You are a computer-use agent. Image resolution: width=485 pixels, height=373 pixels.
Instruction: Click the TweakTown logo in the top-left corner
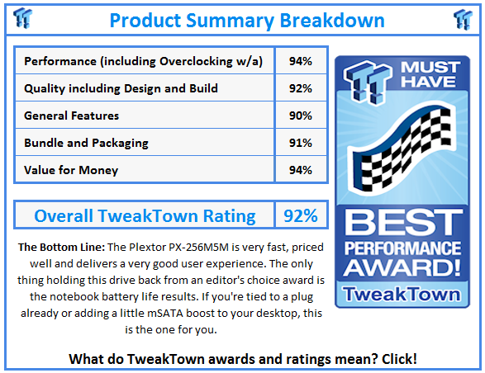pyautogui.click(x=22, y=18)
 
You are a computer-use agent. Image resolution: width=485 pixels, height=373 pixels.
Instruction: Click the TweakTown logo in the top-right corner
pyautogui.click(x=463, y=20)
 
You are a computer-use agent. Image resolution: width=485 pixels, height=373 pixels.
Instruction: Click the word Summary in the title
pyautogui.click(x=230, y=21)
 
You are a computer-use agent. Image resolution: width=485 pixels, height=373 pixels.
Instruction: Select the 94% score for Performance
pyautogui.click(x=301, y=61)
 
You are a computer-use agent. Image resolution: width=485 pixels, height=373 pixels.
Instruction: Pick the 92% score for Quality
pyautogui.click(x=301, y=88)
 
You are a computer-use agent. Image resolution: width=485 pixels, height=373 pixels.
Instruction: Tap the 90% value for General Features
pyautogui.click(x=301, y=116)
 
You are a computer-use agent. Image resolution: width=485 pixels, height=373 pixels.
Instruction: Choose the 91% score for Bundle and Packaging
pyautogui.click(x=301, y=143)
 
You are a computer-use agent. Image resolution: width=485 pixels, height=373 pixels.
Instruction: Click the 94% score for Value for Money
pyautogui.click(x=301, y=170)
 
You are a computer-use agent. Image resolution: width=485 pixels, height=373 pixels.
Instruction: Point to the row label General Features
pyautogui.click(x=71, y=116)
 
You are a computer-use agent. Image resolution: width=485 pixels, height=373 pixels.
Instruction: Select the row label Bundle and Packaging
pyautogui.click(x=86, y=143)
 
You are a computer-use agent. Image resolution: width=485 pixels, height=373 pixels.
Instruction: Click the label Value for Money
pyautogui.click(x=71, y=170)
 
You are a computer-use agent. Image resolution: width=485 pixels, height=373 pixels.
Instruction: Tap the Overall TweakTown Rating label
pyautogui.click(x=145, y=215)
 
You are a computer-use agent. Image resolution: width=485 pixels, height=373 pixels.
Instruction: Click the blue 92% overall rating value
pyautogui.click(x=301, y=215)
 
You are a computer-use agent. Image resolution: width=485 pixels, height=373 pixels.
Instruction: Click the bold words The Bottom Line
pyautogui.click(x=61, y=248)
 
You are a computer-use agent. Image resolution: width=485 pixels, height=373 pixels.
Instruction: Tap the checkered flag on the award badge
pyautogui.click(x=402, y=149)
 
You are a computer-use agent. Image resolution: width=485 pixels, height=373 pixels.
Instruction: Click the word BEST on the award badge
pyautogui.click(x=403, y=223)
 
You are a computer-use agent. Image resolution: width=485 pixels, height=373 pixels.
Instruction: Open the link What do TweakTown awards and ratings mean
pyautogui.click(x=243, y=359)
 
